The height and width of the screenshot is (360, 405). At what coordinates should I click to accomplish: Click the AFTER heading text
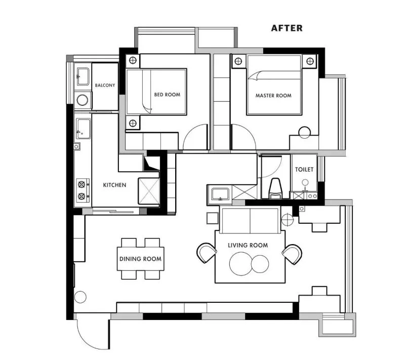pos(287,28)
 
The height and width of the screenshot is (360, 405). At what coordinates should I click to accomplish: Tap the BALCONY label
pos(105,85)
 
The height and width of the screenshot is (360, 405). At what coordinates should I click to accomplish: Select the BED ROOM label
pos(167,95)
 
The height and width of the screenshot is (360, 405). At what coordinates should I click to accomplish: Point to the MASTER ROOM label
pos(273,96)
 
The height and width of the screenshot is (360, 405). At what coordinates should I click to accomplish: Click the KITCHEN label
pos(115,185)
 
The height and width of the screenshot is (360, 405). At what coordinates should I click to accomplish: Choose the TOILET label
pos(304,170)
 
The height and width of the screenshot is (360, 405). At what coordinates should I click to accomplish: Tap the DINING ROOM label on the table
pos(141,259)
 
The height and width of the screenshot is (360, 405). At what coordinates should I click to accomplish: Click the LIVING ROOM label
pos(248,245)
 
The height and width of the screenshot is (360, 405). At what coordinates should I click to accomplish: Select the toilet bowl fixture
pos(275,188)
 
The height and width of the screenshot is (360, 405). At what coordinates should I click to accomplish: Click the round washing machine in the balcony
pos(83,100)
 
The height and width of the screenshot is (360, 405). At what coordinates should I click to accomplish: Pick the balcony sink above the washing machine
pos(83,76)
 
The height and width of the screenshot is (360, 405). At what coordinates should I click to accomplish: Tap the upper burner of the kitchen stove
pos(82,184)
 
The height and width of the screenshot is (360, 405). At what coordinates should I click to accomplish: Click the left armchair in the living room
pos(207,253)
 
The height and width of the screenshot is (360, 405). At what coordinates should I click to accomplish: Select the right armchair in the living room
pos(292,254)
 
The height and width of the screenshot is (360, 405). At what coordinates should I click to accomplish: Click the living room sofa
pos(250,220)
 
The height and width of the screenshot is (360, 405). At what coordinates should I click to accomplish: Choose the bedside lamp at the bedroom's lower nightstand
pos(133,123)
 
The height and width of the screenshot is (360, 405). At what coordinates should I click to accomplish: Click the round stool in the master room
pos(305,133)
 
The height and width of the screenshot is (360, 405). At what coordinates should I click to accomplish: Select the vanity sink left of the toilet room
pos(220,194)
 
